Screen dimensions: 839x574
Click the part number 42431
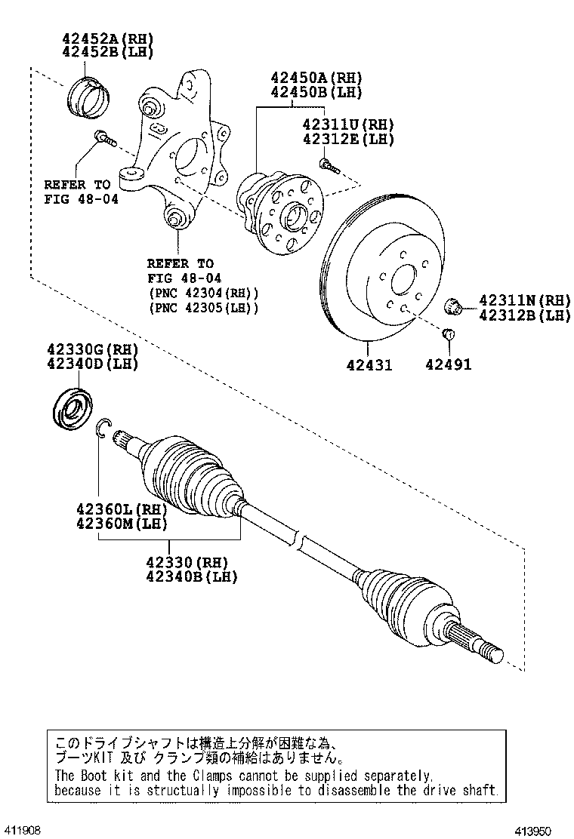(369, 365)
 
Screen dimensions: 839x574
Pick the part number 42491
(448, 365)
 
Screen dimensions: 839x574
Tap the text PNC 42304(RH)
(204, 293)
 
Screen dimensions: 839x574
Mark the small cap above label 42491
(448, 334)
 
